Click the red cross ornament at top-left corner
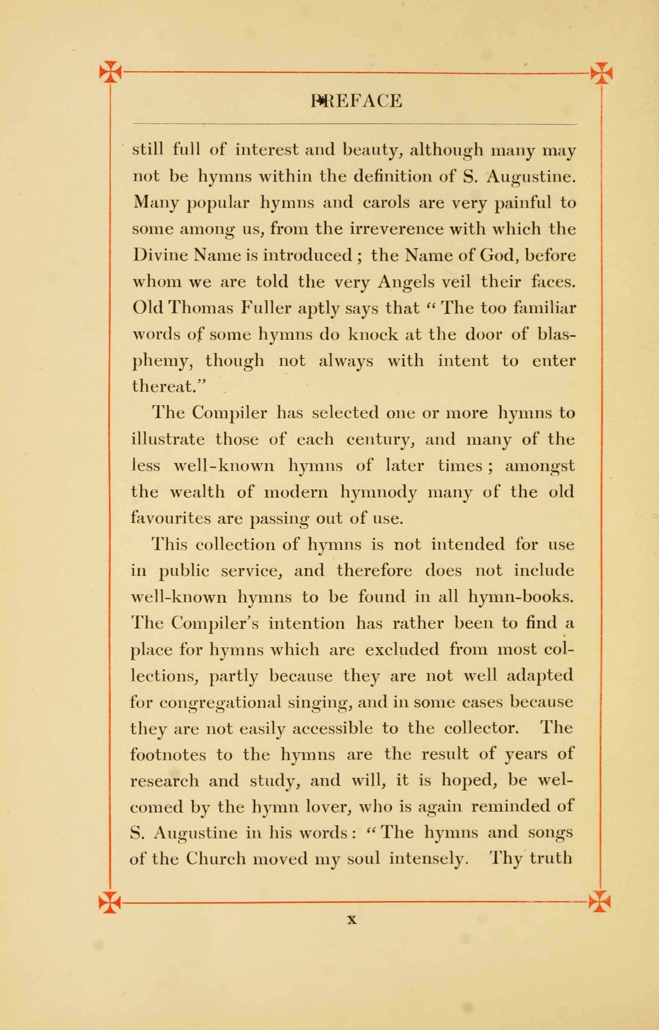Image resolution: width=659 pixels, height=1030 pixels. pos(110,71)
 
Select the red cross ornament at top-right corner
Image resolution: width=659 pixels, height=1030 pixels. pos(601,72)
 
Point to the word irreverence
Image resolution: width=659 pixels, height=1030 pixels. pos(396,229)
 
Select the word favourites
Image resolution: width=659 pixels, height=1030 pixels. pos(169,518)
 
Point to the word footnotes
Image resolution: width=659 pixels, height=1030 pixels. pos(168,754)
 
